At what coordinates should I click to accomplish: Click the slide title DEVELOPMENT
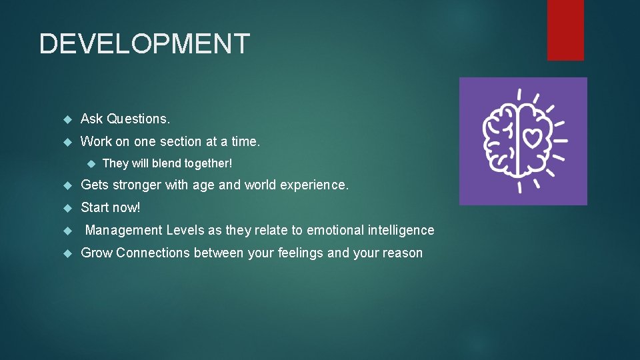(144, 44)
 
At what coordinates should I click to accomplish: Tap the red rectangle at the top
(565, 29)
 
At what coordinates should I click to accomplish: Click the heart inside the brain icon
(531, 138)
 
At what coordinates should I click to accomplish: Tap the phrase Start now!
(111, 207)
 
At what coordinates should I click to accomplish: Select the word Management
(124, 230)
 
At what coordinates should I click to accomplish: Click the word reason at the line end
(402, 253)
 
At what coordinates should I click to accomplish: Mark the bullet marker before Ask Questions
(66, 119)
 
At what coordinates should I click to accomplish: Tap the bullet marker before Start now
(66, 208)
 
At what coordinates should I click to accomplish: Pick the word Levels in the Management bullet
(185, 230)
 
